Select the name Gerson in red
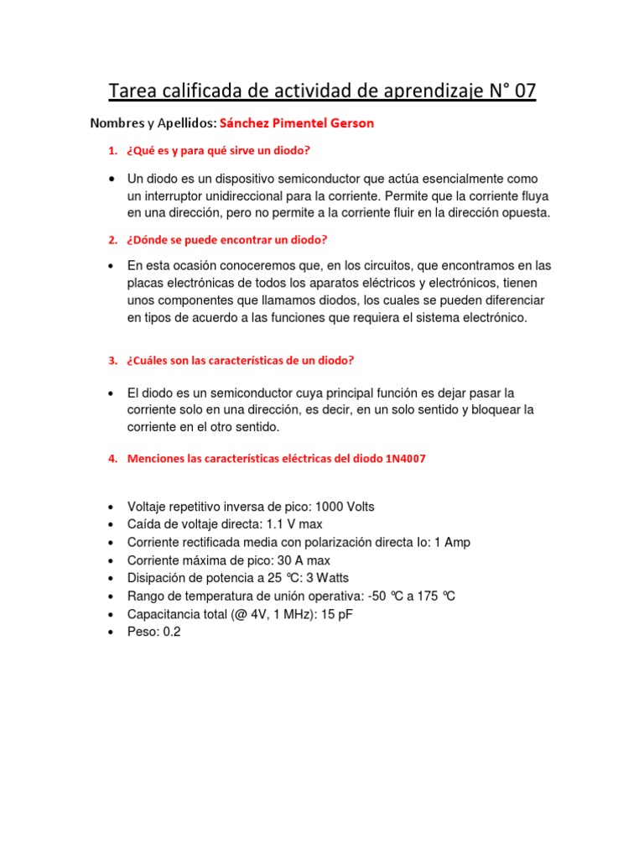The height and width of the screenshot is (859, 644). [351, 123]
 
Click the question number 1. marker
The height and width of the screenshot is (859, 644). [113, 151]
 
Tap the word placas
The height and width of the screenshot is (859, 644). [146, 283]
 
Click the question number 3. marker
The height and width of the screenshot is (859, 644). [113, 361]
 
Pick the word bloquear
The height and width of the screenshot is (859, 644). [486, 409]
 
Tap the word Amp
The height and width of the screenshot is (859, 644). [458, 542]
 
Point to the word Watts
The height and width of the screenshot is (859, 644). [331, 577]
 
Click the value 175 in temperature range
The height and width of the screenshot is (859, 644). [423, 596]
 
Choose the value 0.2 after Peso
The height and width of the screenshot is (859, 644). [171, 632]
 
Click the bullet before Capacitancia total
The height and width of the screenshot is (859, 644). [112, 614]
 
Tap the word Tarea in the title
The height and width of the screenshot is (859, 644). [135, 91]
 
